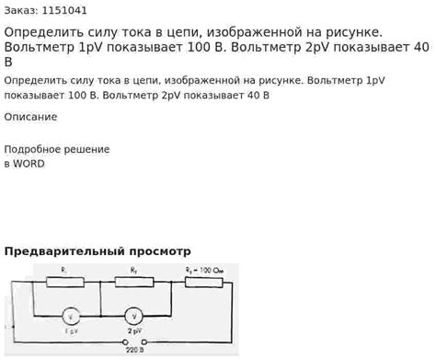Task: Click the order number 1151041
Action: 63,11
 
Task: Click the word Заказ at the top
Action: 20,11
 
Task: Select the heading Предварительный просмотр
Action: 98,250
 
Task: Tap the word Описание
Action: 30,117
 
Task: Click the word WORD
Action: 29,164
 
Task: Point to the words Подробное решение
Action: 57,149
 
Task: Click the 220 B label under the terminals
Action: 133,352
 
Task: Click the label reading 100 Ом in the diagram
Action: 211,270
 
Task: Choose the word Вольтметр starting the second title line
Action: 41,49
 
